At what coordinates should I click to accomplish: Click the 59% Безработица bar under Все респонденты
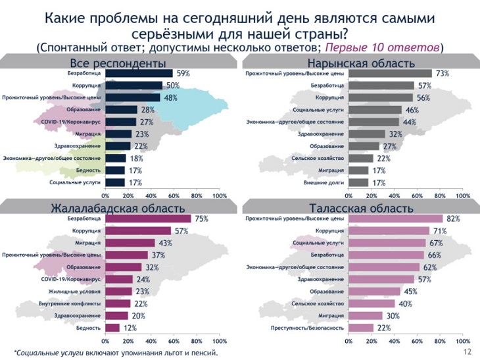coord(139,74)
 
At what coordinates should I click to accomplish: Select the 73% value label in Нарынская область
coord(441,74)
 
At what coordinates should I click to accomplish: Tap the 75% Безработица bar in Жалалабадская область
coord(148,219)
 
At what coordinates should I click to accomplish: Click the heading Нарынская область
coord(358,63)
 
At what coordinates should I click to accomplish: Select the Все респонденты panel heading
coord(118,63)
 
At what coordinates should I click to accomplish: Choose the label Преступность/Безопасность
coord(308,328)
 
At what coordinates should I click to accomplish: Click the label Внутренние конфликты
coord(77,303)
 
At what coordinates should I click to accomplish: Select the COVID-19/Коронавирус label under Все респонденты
coord(70,122)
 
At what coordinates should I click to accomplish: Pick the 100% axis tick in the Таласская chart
coord(463,341)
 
